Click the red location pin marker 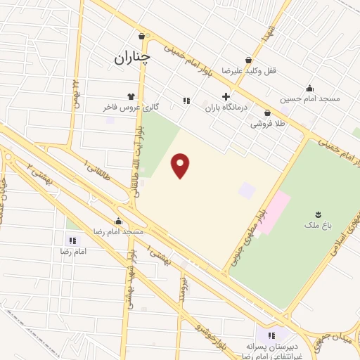(x=181, y=165)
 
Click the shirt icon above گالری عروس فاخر (x=131, y=97)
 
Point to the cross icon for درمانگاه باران (x=226, y=97)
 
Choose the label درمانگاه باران (x=224, y=108)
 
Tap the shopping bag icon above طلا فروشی (x=267, y=113)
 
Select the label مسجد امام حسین (x=311, y=98)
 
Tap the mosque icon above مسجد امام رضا (x=117, y=220)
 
